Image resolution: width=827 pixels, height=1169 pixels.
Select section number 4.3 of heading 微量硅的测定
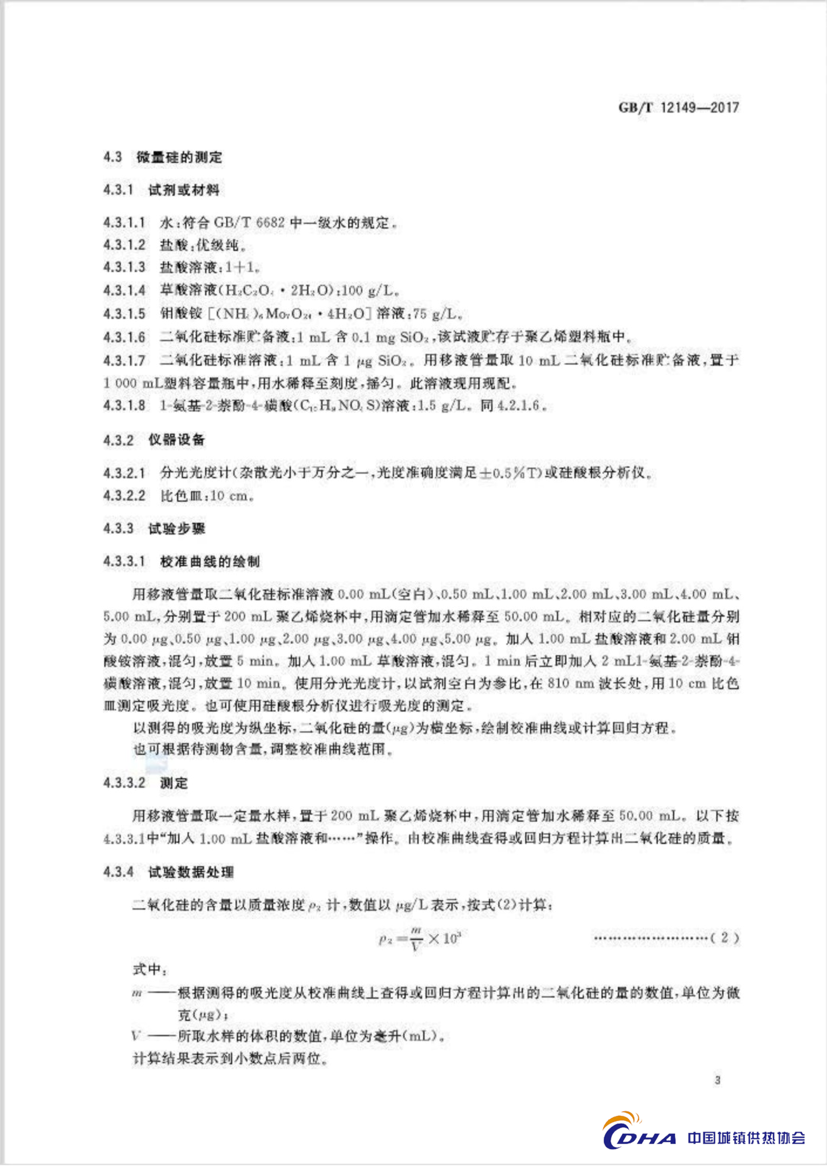coord(113,157)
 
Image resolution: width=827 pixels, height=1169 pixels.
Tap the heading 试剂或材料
coord(184,191)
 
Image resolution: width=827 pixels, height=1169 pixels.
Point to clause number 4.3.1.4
coord(124,290)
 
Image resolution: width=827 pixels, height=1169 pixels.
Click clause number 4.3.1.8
coord(124,406)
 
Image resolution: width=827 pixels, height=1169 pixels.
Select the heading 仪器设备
coord(176,440)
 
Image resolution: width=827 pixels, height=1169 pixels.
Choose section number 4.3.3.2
coord(124,783)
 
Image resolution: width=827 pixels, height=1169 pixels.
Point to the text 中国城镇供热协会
coord(746,1137)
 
